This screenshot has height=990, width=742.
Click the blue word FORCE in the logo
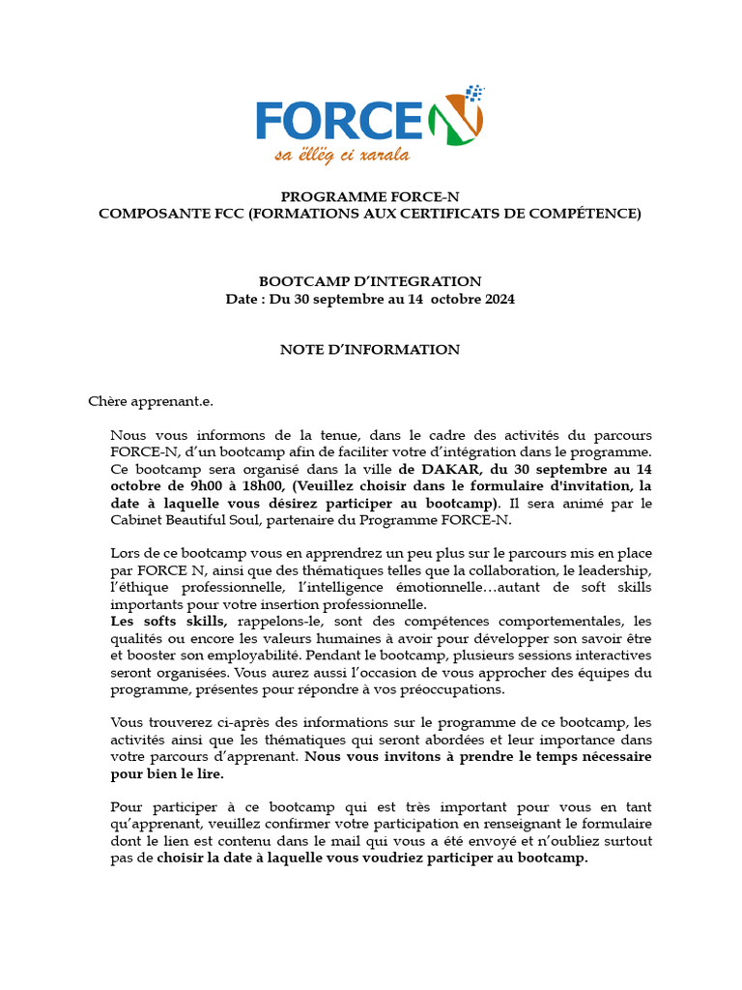(x=338, y=120)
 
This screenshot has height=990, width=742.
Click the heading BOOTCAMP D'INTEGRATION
(x=370, y=281)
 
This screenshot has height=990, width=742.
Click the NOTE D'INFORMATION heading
(x=370, y=350)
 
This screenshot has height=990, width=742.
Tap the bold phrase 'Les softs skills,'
(x=170, y=621)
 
